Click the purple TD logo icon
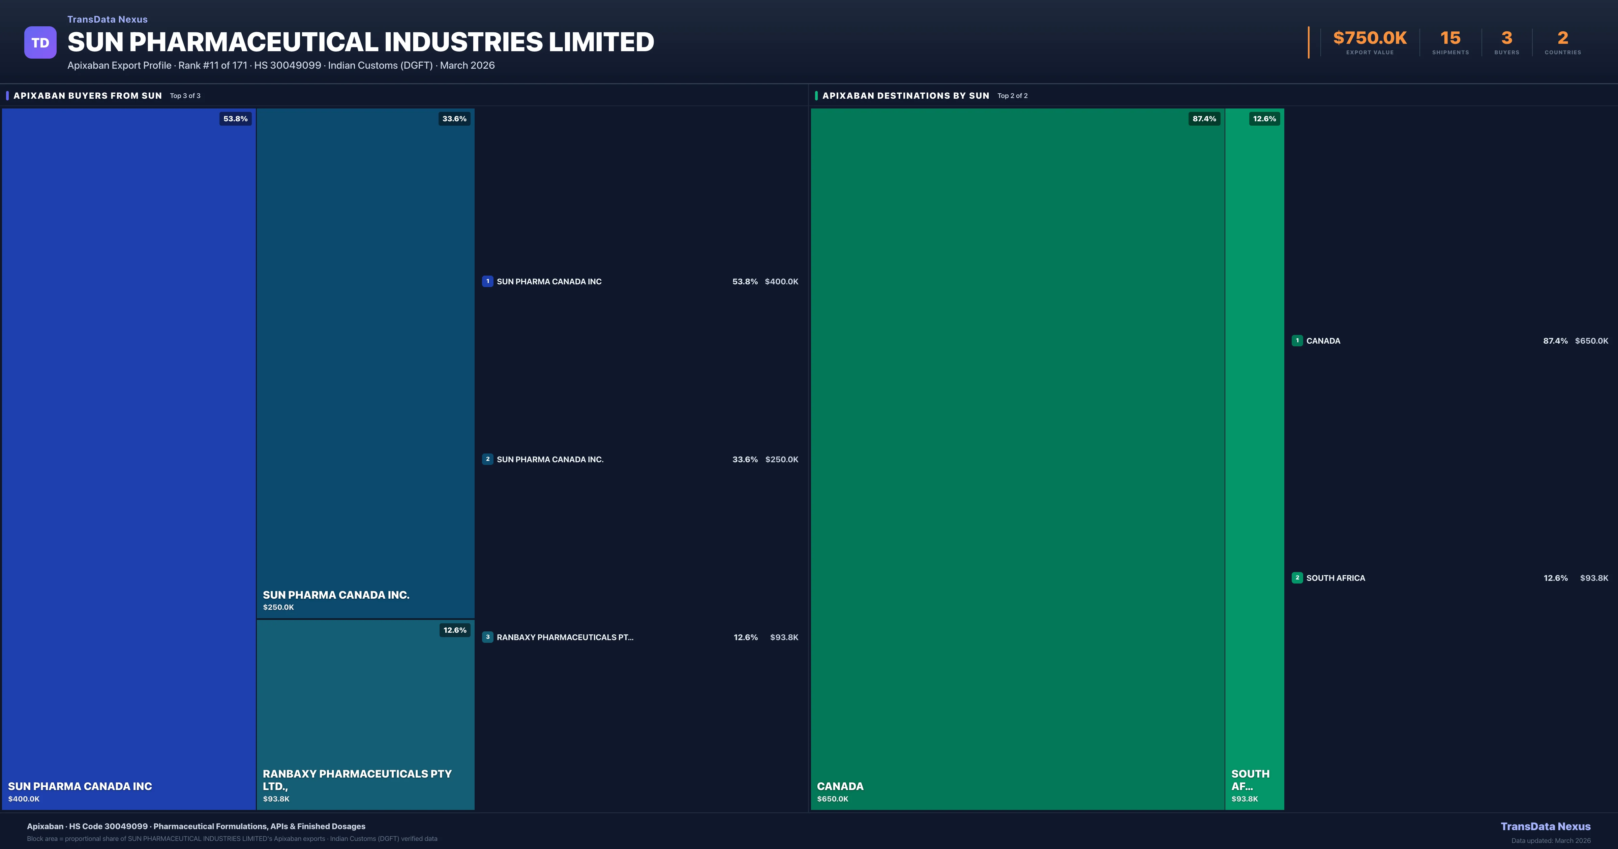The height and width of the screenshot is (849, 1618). pos(40,43)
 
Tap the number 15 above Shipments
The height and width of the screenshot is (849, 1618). pos(1450,38)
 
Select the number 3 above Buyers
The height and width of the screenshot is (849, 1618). pos(1506,38)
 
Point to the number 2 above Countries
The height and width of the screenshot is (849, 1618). pos(1563,38)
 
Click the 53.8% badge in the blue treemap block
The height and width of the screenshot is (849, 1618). pos(236,119)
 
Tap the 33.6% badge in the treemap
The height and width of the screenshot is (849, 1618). pos(454,119)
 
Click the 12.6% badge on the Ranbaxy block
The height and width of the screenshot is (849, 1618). pos(455,630)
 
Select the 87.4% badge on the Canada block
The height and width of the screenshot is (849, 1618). pos(1204,119)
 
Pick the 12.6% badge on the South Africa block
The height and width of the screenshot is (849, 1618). pos(1264,119)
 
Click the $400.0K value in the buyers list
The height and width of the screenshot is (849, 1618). pos(781,281)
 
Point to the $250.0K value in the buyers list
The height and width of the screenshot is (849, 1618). pos(781,460)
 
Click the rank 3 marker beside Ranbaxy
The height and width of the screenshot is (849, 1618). pos(487,637)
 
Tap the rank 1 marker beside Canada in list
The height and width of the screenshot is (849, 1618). pos(1297,340)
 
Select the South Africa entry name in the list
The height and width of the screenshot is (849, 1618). pos(1335,578)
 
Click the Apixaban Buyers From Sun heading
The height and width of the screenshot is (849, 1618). pos(87,95)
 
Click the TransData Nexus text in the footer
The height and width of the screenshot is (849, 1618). pos(1545,826)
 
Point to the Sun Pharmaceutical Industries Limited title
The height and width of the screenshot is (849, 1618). pos(361,42)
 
